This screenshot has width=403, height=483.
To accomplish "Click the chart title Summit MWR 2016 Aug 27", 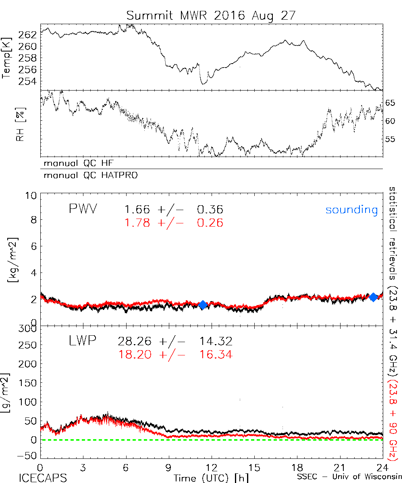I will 211,16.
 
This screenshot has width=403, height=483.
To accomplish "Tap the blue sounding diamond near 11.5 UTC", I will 203,305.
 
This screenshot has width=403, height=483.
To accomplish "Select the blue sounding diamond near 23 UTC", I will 374,297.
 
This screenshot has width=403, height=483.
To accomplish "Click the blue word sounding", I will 352,210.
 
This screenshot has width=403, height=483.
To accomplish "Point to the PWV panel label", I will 83,209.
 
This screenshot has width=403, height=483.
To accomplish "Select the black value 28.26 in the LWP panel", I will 135,342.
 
